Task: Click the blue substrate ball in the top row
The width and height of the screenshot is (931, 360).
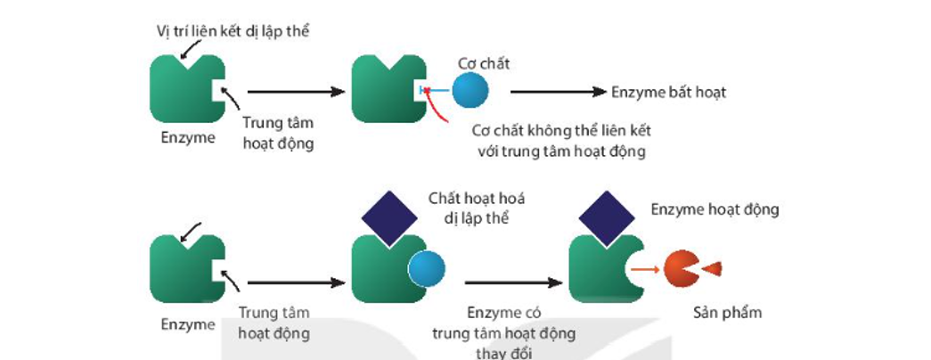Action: pyautogui.click(x=470, y=91)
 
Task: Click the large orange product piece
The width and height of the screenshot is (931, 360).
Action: pyautogui.click(x=682, y=268)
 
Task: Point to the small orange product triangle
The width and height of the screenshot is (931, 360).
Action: pyautogui.click(x=713, y=268)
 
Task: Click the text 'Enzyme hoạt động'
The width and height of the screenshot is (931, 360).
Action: pyautogui.click(x=715, y=209)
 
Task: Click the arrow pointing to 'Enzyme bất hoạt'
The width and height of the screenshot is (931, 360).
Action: pyautogui.click(x=558, y=91)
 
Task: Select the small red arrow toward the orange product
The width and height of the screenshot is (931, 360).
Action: pyautogui.click(x=648, y=268)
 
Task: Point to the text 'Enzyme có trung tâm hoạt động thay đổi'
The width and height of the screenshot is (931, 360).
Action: pyautogui.click(x=503, y=332)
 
